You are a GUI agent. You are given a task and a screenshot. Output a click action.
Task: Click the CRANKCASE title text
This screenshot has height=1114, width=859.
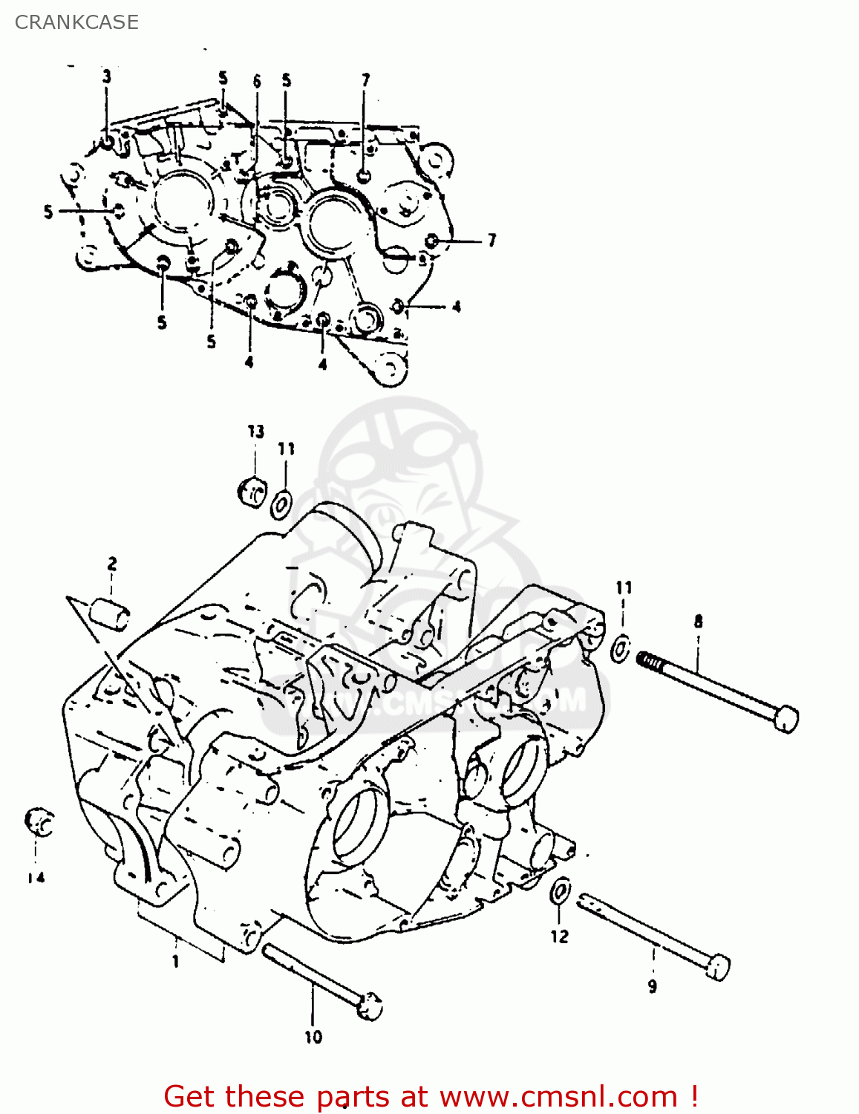coord(76,22)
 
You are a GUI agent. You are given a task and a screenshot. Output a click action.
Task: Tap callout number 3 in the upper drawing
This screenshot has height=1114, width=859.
coord(107,76)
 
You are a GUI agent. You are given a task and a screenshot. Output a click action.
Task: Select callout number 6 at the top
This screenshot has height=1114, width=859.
coord(257,81)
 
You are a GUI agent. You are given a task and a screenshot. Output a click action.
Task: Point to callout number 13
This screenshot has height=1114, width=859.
coord(255,431)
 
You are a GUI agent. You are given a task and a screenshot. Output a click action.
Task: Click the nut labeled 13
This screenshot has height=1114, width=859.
coord(252,492)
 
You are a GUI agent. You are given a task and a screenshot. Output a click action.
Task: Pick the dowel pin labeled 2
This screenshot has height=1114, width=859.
coord(110,615)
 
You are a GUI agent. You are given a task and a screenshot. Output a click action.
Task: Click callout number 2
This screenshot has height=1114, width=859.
coord(111,564)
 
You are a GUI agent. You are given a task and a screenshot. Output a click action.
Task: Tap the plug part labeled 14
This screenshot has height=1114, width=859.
coord(39,821)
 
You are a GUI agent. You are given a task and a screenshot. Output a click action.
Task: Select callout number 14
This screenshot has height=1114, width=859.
coord(36,877)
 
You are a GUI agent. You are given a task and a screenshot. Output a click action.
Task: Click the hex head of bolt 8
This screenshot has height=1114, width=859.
coord(785,718)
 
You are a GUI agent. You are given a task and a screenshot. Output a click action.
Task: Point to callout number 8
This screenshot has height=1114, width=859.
coord(698,622)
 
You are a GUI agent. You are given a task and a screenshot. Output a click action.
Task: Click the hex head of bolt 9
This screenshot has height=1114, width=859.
coord(718,967)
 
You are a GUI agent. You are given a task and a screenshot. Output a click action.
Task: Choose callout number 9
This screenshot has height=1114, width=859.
coord(652,986)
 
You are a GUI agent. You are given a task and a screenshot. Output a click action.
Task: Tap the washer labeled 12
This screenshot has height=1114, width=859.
coord(561,890)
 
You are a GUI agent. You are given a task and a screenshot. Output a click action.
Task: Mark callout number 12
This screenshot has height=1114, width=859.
coord(559,937)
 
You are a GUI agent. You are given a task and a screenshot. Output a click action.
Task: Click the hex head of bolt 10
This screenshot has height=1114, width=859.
coord(370,1006)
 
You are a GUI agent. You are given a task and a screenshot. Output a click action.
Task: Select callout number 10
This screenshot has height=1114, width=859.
coord(313,1037)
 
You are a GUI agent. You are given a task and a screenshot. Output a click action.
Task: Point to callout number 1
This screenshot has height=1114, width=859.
coord(176,962)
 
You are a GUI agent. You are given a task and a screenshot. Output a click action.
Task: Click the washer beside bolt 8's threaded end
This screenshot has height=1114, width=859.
coord(621,648)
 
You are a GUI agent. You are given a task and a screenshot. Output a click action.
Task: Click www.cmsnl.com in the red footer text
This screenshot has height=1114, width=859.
coord(558,1096)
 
